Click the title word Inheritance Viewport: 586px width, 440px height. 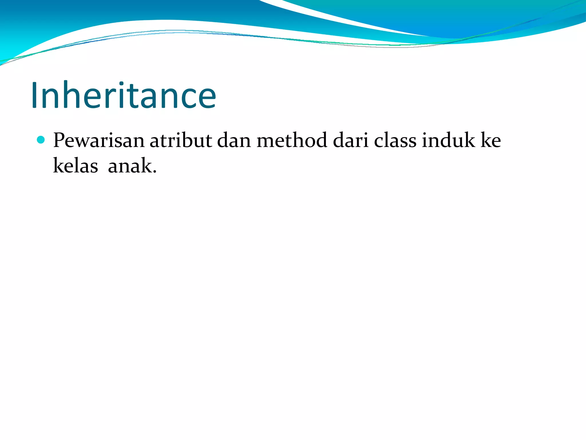[x=124, y=95]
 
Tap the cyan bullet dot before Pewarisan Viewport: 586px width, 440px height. [x=41, y=140]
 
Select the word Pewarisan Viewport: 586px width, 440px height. [x=99, y=140]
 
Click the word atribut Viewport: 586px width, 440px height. [x=181, y=140]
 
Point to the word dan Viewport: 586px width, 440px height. [x=234, y=140]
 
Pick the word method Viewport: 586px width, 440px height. [x=292, y=140]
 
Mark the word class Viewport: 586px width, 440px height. [x=395, y=140]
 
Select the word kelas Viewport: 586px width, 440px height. [x=76, y=166]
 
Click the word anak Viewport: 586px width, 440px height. [x=130, y=166]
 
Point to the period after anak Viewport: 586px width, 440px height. [x=155, y=172]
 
